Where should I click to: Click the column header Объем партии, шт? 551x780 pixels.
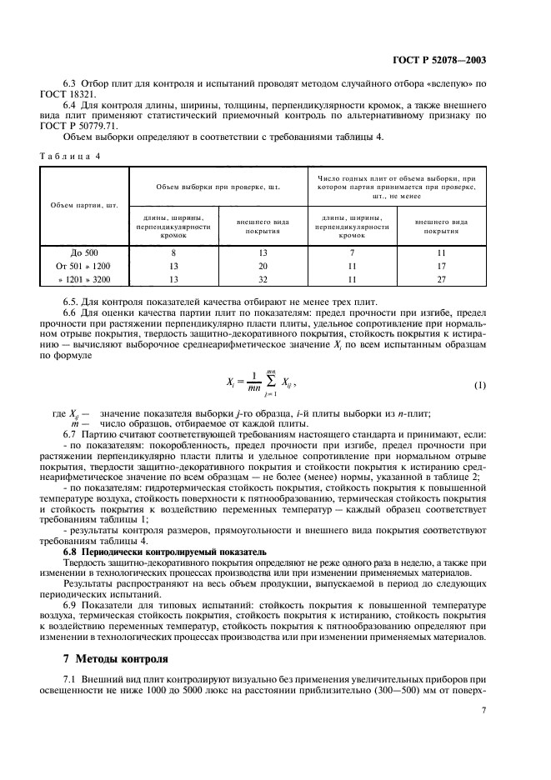click(83, 204)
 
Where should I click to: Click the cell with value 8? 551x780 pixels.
click(173, 252)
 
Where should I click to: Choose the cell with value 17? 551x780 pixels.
click(443, 266)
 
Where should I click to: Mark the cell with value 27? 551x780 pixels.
click(443, 279)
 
